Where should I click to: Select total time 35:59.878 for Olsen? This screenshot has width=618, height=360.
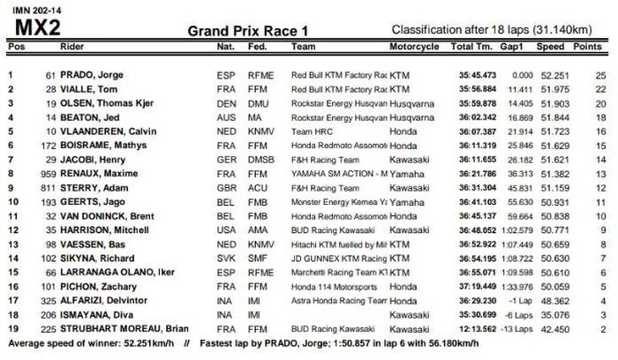[478, 103]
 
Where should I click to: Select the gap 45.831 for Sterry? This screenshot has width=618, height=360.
[518, 184]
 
